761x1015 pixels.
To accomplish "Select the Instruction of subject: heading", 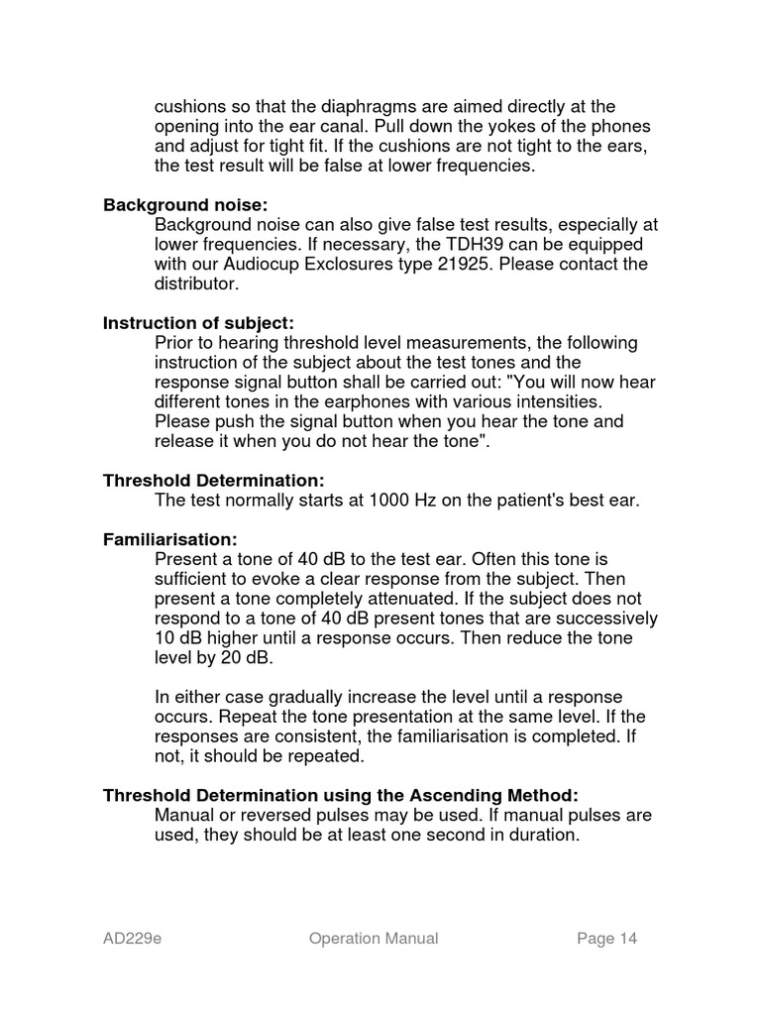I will pyautogui.click(x=198, y=323).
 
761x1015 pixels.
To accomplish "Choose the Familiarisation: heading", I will pyautogui.click(x=170, y=539).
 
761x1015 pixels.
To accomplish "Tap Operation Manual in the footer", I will pyautogui.click(x=373, y=939).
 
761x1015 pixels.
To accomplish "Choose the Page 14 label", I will pyautogui.click(x=606, y=939).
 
